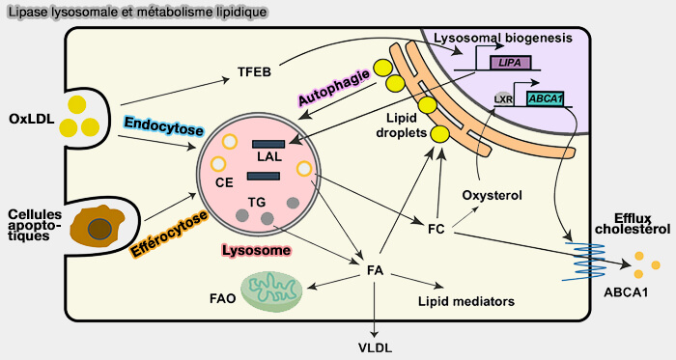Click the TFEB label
pos(254,72)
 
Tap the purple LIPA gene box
pos(509,63)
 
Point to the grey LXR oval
pos(502,98)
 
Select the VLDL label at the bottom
pos(375,346)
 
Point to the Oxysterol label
pos(493,196)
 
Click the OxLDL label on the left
pos(29,119)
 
